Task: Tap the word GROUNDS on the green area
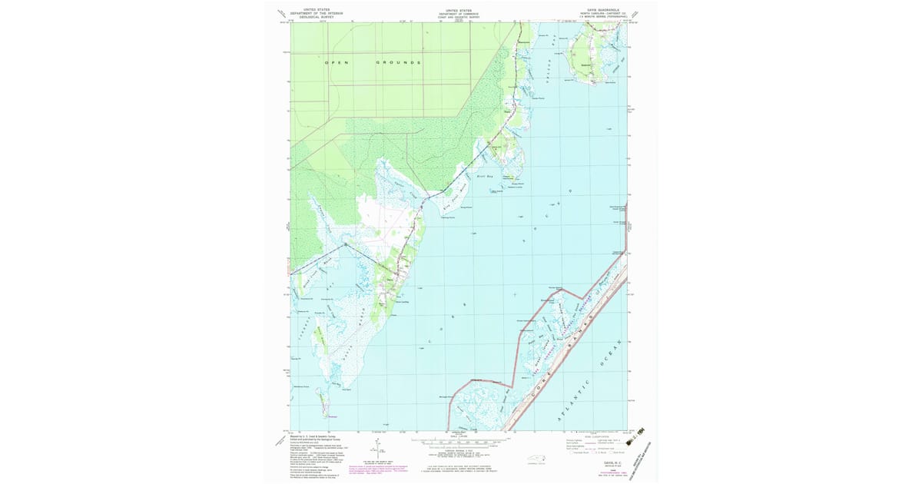pyautogui.click(x=398, y=61)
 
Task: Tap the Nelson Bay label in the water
pyautogui.click(x=546, y=73)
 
